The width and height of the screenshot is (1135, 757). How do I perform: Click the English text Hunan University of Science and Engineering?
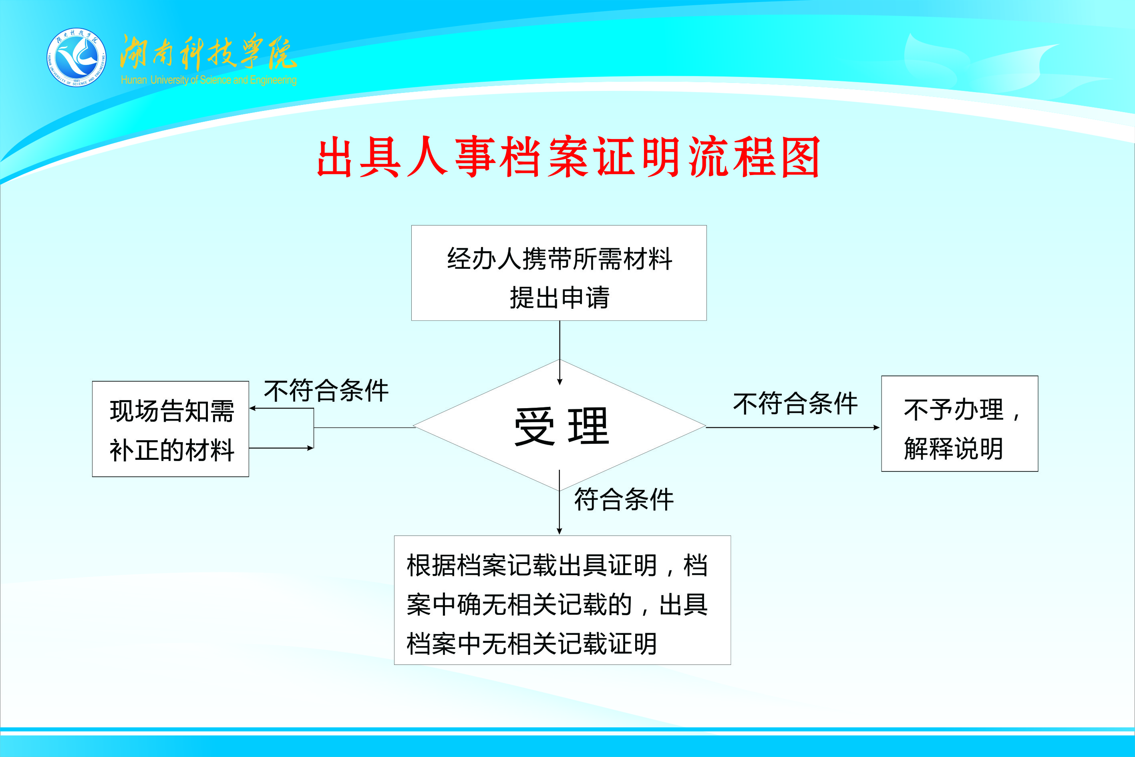[209, 80]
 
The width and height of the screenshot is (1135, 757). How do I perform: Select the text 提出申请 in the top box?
[559, 297]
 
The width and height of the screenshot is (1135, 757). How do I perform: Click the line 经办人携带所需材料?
[559, 259]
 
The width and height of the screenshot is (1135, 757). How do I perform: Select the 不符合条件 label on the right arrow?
[795, 404]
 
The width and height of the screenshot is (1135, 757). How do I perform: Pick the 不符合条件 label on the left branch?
[326, 391]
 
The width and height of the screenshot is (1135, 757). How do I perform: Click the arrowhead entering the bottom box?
[559, 531]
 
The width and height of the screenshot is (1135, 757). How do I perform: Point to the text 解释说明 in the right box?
[954, 449]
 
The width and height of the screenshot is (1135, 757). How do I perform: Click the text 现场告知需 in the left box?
[172, 411]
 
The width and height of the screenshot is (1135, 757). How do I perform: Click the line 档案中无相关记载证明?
[531, 644]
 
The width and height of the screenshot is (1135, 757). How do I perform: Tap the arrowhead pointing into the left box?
[252, 409]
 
